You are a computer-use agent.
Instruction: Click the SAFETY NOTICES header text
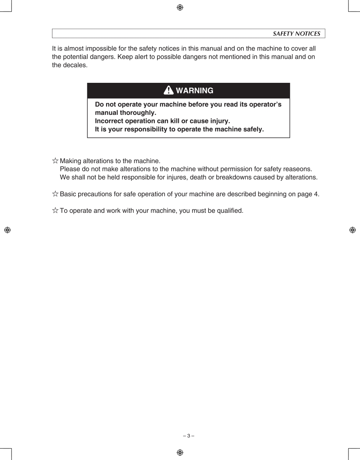[x=297, y=34]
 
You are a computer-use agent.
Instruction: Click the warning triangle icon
[x=168, y=90]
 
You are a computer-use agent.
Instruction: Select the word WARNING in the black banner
[x=195, y=90]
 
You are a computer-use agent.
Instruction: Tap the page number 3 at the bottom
[x=188, y=436]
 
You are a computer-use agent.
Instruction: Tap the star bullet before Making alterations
[x=55, y=161]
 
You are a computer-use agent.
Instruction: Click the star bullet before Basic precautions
[x=55, y=194]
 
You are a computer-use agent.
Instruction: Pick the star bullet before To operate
[x=55, y=211]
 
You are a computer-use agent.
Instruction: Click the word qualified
[x=229, y=211]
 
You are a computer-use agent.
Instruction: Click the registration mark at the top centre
[x=180, y=7]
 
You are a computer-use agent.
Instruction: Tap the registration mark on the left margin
[x=7, y=230]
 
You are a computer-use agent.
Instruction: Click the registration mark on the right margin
[x=353, y=230]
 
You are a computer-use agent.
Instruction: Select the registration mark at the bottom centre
[x=180, y=452]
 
